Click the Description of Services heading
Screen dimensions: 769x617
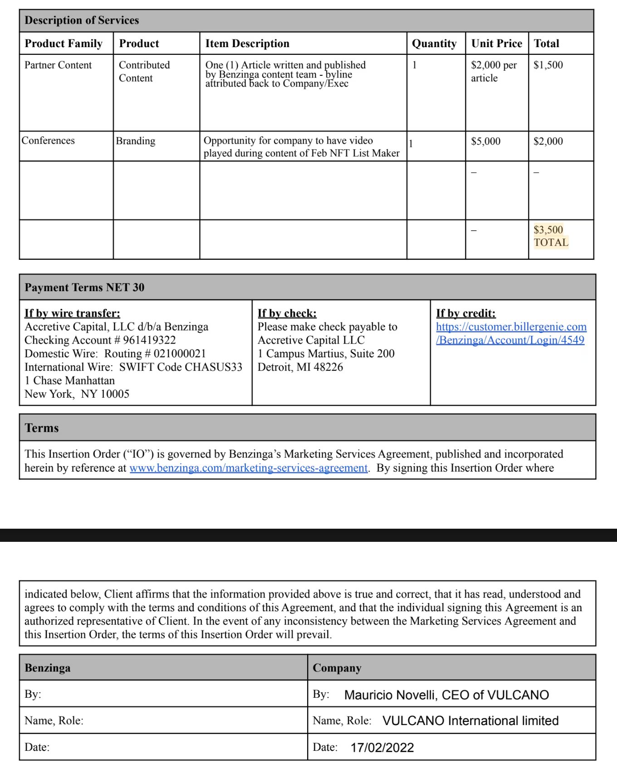tap(82, 20)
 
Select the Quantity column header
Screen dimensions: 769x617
tap(434, 44)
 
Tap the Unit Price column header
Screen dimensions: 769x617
tap(496, 44)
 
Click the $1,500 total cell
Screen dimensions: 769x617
tap(548, 65)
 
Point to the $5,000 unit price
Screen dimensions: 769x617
tap(485, 141)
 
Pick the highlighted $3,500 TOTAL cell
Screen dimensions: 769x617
tap(551, 236)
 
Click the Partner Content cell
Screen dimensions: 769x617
tap(58, 65)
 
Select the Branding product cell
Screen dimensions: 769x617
tap(135, 141)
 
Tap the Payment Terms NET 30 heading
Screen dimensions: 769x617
tap(84, 287)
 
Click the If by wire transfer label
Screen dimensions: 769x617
tap(72, 313)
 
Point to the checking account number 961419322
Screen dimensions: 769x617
tap(149, 340)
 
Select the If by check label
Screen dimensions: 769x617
tap(287, 313)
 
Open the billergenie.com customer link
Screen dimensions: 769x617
tap(511, 333)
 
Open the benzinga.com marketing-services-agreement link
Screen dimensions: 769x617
tap(248, 468)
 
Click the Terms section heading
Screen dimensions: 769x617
tap(42, 428)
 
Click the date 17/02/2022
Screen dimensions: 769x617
tap(382, 748)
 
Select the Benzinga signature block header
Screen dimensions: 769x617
tap(48, 668)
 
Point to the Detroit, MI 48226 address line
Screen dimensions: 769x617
tap(300, 367)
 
